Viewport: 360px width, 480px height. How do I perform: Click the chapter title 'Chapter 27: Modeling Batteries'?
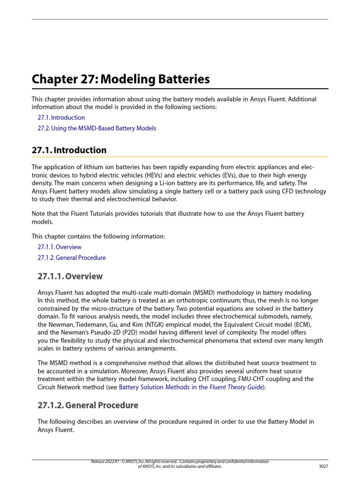(x=120, y=79)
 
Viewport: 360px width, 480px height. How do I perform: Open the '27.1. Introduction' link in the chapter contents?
(x=61, y=118)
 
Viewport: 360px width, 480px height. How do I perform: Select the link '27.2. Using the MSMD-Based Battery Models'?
(x=97, y=128)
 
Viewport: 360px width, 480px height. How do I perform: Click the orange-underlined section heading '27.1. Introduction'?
(x=69, y=150)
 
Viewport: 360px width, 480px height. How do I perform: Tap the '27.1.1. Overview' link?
(x=59, y=247)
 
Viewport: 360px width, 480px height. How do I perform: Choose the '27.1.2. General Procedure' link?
(x=71, y=258)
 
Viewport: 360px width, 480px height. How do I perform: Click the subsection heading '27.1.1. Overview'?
(x=70, y=276)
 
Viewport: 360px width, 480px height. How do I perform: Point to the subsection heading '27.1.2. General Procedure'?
(x=88, y=405)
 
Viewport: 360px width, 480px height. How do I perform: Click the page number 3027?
(x=323, y=466)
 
